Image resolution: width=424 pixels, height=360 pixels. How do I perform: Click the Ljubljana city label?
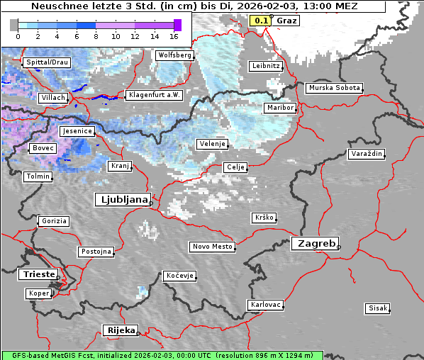[122, 200]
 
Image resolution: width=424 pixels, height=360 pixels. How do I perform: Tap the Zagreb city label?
[314, 243]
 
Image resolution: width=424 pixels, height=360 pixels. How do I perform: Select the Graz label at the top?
[286, 21]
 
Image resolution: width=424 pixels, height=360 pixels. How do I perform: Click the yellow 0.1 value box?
[261, 21]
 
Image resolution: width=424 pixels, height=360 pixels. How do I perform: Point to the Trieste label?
[36, 274]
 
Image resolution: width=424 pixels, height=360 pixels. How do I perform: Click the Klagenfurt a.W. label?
[154, 95]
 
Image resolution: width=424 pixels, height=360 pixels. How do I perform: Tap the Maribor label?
[279, 108]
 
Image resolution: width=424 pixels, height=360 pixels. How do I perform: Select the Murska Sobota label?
[334, 89]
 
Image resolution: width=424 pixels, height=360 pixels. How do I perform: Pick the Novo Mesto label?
[212, 247]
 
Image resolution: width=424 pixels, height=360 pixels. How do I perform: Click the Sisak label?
[377, 308]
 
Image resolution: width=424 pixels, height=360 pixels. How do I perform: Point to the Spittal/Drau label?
[47, 62]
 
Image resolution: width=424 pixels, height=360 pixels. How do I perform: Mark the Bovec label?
[43, 148]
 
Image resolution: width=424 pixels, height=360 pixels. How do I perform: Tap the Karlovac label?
[266, 305]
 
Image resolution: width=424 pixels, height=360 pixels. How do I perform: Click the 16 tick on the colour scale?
[174, 35]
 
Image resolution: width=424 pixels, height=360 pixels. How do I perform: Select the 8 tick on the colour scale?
[96, 35]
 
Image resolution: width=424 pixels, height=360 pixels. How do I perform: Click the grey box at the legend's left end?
[14, 25]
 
